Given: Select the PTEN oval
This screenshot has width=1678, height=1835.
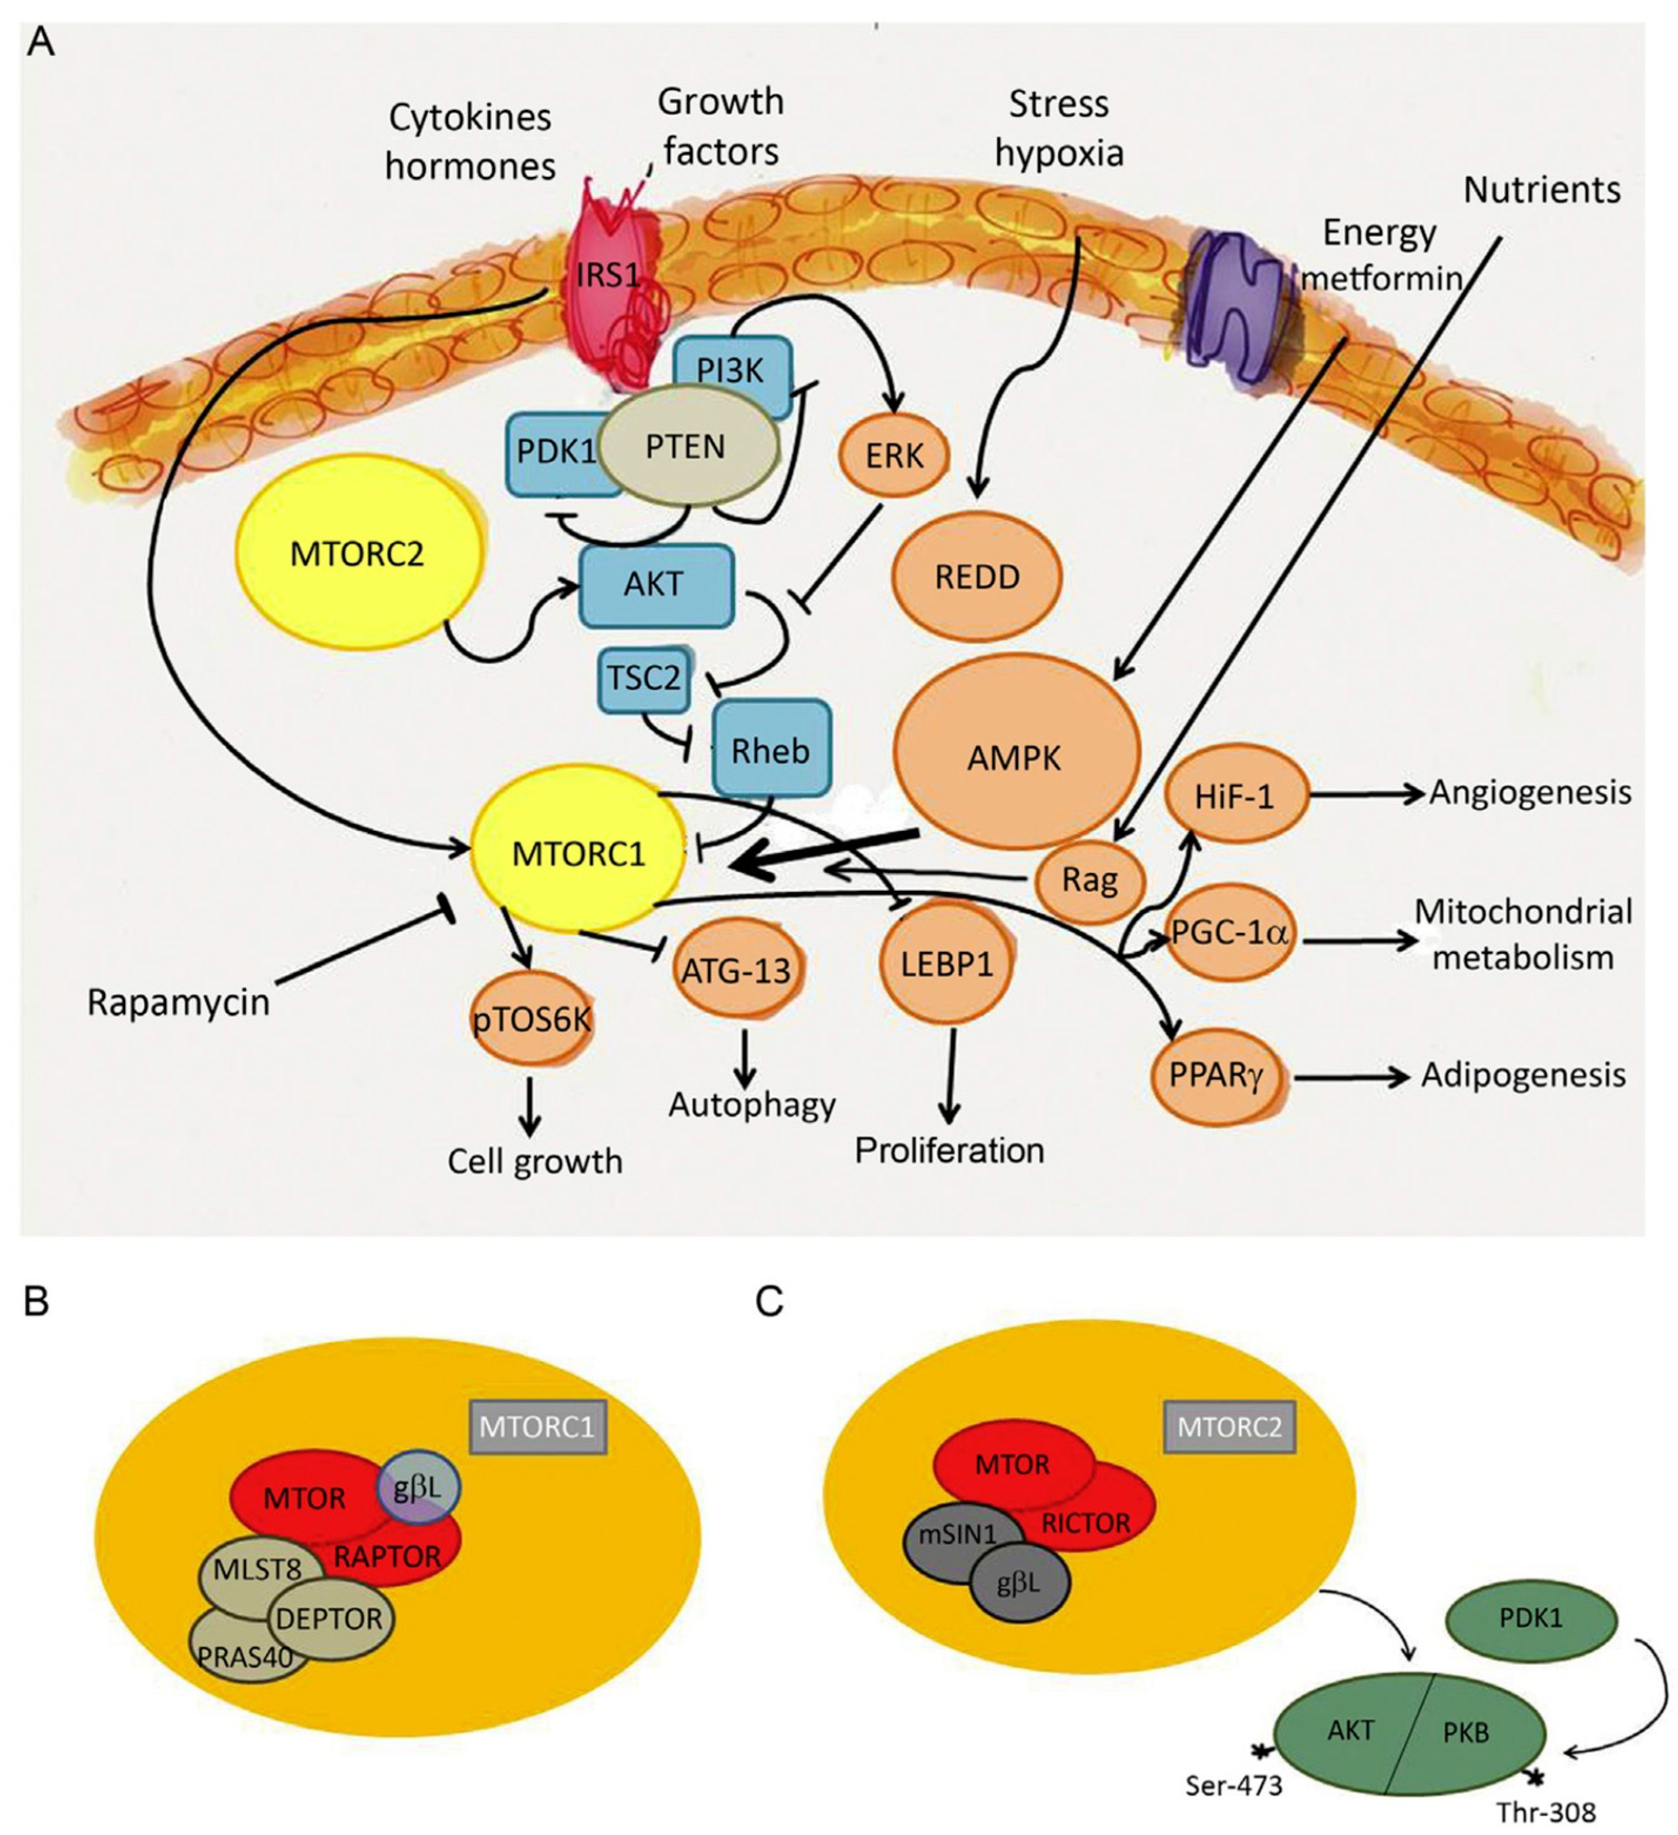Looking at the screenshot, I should pos(687,447).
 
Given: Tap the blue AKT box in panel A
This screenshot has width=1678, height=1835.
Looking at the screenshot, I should pos(655,585).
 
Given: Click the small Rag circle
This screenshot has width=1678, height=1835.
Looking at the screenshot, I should pos(1090,880).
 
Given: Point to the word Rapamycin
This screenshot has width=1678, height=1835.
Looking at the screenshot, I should pos(179,1002).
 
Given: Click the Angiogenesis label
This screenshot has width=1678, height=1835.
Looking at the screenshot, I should pos(1529,793).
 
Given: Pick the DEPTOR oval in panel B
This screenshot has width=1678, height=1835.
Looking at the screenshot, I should pos(330,1618).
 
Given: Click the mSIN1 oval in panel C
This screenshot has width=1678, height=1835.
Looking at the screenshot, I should pos(956,1534).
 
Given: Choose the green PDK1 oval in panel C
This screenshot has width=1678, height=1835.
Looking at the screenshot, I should pos(1531,1618).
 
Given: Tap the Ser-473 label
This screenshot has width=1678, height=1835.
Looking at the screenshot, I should pos(1234,1785).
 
